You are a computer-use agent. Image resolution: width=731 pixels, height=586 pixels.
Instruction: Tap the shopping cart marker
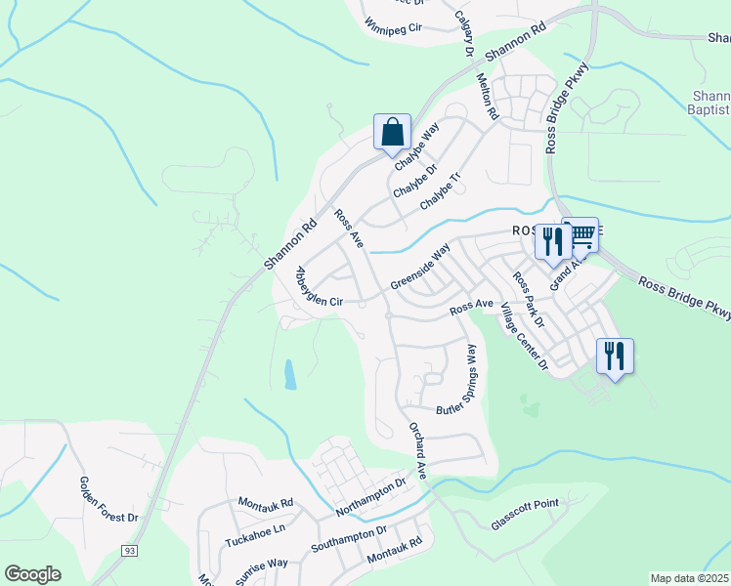point(581,234)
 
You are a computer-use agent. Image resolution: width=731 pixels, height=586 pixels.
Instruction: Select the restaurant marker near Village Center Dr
point(615,356)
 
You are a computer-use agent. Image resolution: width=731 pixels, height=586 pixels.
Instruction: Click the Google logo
point(32,574)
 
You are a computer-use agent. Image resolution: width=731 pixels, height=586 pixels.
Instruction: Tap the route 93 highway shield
point(128,552)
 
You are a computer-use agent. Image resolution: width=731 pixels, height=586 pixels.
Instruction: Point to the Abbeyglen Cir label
point(319,289)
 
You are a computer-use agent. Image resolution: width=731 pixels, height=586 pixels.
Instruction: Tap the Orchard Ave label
point(418,450)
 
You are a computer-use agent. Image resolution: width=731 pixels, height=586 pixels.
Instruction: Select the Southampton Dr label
point(349,538)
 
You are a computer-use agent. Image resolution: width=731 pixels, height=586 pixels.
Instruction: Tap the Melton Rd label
point(486,94)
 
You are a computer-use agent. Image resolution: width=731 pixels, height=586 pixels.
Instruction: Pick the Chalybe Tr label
point(439,191)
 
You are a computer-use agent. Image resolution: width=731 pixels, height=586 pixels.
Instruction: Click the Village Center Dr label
point(524,338)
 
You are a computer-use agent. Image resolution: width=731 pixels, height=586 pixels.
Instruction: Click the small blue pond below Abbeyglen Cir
point(289,375)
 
